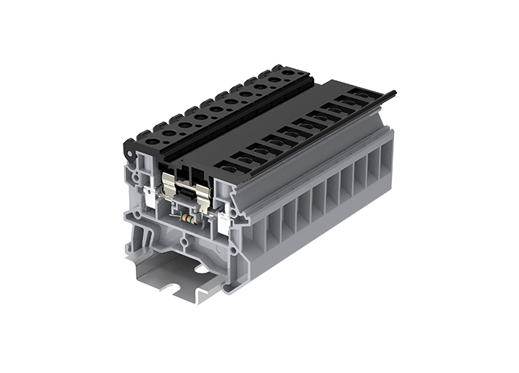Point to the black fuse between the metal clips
coord(189,193)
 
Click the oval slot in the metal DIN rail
coord(201,269)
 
